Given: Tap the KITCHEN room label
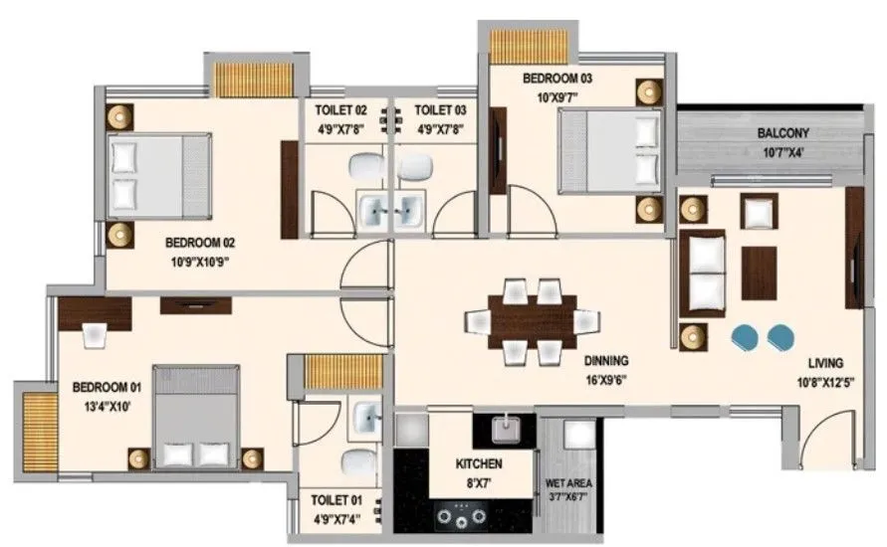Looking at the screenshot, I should click(x=479, y=464).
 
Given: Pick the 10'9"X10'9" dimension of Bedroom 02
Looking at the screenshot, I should click(x=203, y=263).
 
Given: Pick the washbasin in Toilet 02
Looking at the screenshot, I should click(x=378, y=210).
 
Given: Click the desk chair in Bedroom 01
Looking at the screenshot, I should click(x=96, y=336).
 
